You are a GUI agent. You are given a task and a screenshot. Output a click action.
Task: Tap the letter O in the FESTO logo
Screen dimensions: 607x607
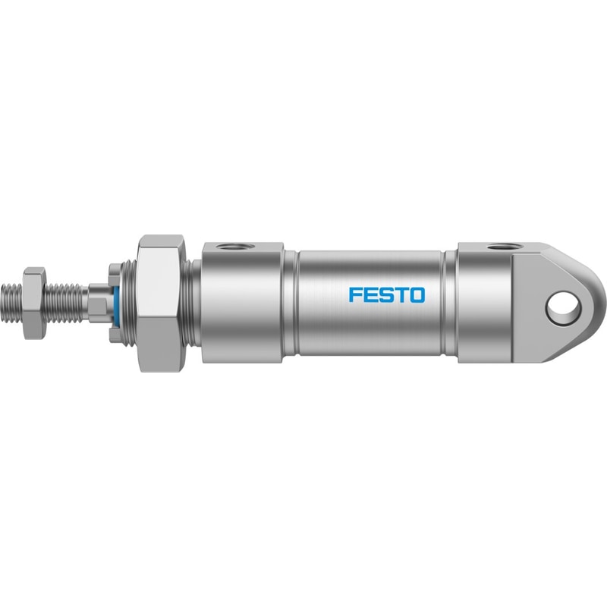[x=417, y=294]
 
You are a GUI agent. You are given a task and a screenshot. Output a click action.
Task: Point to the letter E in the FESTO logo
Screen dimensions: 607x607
[x=370, y=294]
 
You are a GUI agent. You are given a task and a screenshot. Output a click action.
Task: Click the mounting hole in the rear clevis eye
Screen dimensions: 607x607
[x=564, y=309]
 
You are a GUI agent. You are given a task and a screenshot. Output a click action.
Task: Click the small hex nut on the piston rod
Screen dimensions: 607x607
[x=35, y=303]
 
